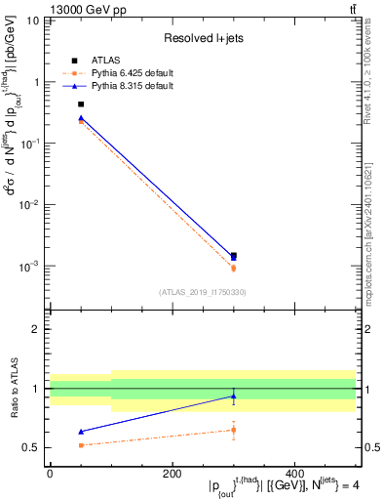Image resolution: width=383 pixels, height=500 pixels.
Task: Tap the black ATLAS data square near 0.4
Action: click(81, 104)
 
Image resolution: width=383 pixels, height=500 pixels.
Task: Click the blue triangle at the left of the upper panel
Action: click(81, 118)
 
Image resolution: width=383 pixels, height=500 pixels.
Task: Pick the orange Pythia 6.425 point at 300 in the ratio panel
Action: click(233, 430)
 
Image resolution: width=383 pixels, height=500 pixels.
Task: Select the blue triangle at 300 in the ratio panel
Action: click(233, 396)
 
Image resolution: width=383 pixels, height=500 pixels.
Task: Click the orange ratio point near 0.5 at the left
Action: click(81, 445)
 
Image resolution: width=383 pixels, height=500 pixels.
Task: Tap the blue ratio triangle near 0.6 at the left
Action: click(81, 431)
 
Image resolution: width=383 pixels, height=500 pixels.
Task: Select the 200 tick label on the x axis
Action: click(172, 475)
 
